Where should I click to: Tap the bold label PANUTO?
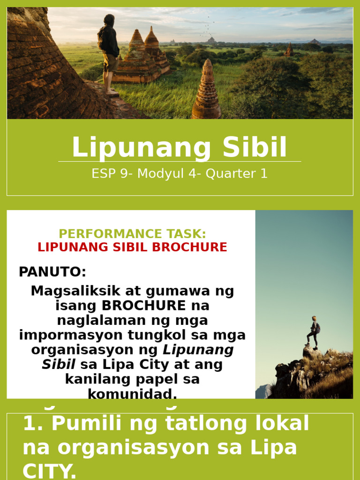(52, 272)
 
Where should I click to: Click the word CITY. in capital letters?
(50, 471)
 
